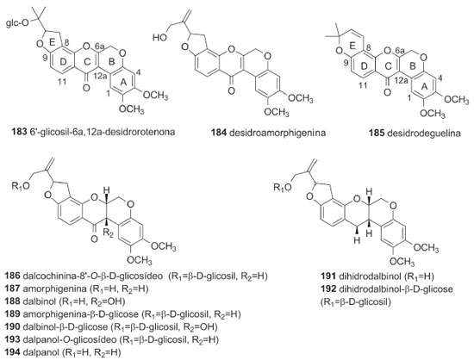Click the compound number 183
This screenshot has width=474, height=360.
19,132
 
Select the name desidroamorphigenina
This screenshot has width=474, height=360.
278,133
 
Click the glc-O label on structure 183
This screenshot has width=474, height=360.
18,23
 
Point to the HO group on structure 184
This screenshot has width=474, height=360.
160,37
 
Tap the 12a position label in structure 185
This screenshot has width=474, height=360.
400,80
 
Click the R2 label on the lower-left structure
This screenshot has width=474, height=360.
108,233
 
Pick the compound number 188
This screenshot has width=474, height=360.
12,301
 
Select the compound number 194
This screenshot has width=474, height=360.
12,352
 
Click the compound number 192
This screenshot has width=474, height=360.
328,289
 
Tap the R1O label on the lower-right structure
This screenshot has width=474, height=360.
283,187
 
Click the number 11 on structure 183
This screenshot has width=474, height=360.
61,83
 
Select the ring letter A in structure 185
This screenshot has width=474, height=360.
424,86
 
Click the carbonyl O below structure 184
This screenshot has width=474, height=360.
232,90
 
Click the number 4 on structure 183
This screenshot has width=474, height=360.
138,73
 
